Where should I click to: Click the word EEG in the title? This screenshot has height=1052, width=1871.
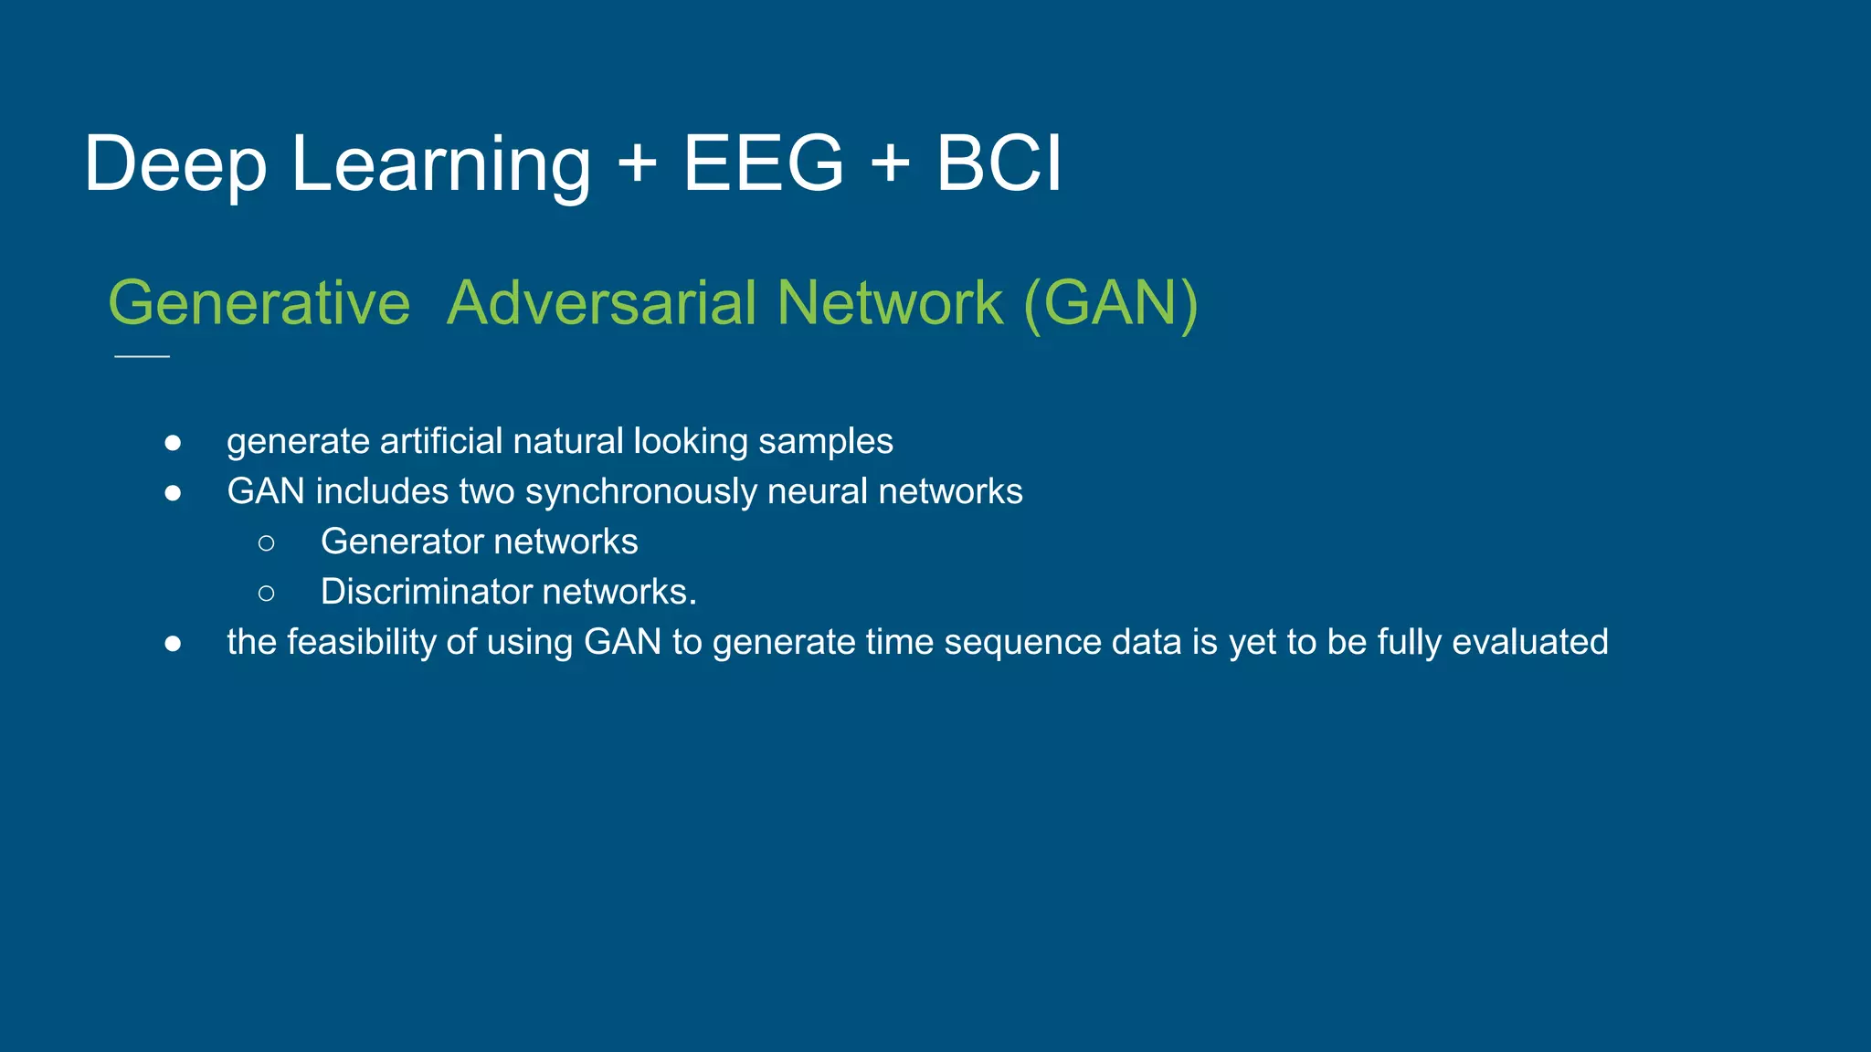(764, 164)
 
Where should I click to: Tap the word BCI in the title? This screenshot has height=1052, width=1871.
(999, 164)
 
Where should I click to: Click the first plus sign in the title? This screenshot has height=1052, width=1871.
(637, 164)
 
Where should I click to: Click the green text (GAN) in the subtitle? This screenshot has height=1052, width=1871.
(1110, 303)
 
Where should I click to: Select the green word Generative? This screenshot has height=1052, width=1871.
(259, 303)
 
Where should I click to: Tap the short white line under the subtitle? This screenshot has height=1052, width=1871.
(142, 356)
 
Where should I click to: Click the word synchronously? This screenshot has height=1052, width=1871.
(641, 492)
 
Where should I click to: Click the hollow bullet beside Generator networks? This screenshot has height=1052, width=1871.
(266, 543)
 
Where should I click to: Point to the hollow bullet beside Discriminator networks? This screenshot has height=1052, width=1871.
(266, 594)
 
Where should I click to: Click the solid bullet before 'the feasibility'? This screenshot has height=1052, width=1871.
(173, 644)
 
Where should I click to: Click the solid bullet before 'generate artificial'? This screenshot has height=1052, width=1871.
(173, 443)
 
